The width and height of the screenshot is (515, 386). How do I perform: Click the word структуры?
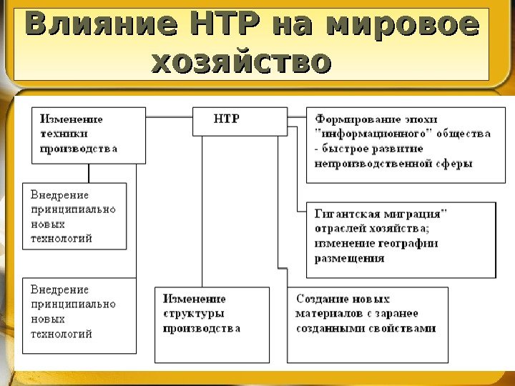(x=193, y=314)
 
